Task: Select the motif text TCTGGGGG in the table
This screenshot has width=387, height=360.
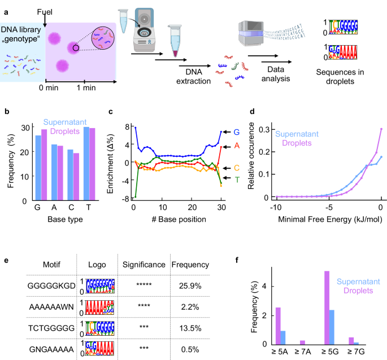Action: [x=49, y=326]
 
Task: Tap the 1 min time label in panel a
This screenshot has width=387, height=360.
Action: [x=86, y=89]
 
